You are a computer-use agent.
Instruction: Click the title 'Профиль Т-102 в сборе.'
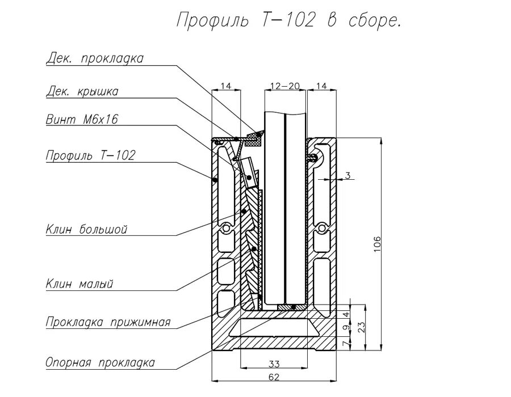[289, 20]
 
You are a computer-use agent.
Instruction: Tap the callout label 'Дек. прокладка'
[95, 59]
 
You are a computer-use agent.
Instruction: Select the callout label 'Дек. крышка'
[82, 91]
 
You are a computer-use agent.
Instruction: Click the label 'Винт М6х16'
[82, 119]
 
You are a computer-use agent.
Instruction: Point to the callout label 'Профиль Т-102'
[91, 155]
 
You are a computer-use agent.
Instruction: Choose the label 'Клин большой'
[86, 229]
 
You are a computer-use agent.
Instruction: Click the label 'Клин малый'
[79, 284]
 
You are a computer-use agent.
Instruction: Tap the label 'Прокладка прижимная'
[108, 323]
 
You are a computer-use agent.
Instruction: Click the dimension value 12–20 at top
[285, 86]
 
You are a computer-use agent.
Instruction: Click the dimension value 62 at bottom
[274, 376]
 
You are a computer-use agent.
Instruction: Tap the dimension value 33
[274, 364]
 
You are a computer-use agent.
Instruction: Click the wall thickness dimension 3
[347, 176]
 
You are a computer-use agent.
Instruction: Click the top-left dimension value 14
[226, 86]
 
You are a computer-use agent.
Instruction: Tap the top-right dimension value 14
[321, 86]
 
